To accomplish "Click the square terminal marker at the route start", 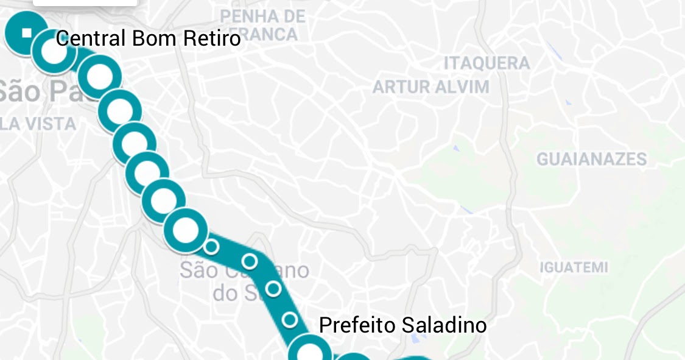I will pos(26,33).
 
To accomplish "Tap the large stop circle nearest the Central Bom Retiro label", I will pos(54,51).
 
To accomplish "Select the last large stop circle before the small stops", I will pos(186,230).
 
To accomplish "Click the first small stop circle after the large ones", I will pos(211,247).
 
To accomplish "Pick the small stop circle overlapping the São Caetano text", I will pos(250,261).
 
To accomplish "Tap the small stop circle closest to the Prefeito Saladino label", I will pos(290,319).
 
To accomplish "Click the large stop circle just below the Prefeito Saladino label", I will pos(309,352).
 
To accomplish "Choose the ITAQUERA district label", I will pos(487,63).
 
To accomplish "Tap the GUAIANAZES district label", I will pos(591,160).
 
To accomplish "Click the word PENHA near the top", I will pos(244,15).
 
